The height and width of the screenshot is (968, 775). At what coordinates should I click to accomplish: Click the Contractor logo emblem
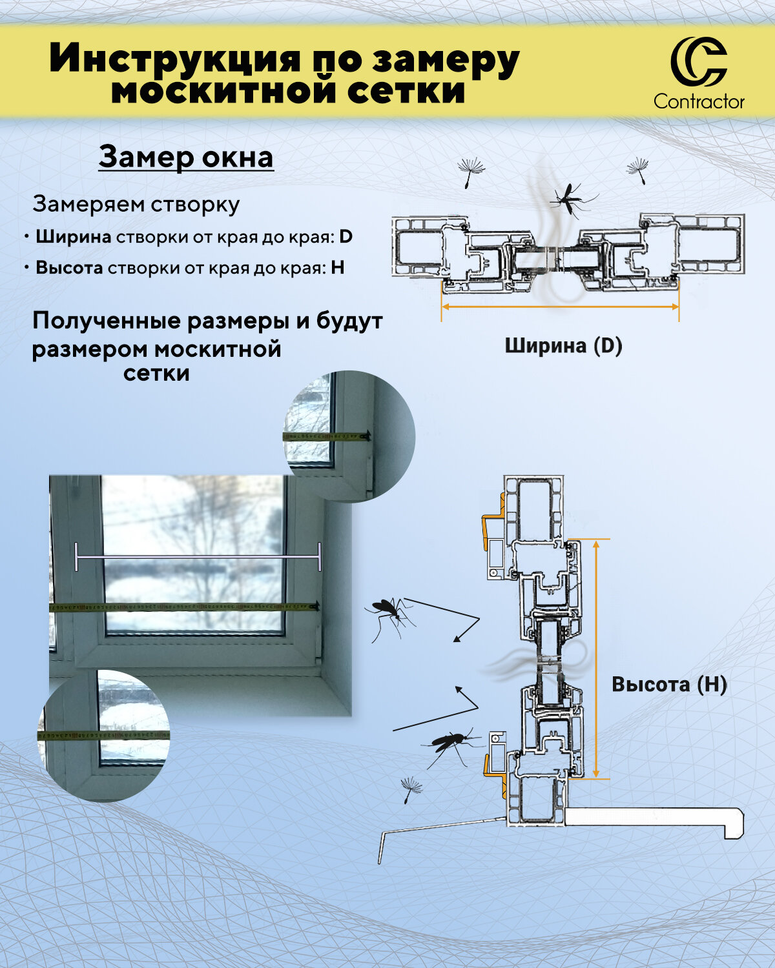pos(698,63)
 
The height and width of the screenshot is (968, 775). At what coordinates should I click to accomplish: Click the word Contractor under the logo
pos(699,101)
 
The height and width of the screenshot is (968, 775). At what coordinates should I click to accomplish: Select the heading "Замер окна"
pos(186,157)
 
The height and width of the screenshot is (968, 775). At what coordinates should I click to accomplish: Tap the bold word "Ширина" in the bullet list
pos(73,237)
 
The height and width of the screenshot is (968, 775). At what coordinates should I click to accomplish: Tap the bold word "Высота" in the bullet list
pos(69,268)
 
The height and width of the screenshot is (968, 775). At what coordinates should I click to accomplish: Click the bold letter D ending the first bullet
pos(346,237)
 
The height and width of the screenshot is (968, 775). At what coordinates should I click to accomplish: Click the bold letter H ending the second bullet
pos(337,268)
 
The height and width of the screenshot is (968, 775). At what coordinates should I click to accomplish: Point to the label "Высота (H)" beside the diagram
pos(669,684)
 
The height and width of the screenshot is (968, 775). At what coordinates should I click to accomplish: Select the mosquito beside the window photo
pos(389,616)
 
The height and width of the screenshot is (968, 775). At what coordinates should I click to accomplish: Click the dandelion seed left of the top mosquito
pos(471,172)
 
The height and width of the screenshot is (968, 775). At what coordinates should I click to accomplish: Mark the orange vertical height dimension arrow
pos(596,658)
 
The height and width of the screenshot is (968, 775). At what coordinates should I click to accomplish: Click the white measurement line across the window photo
pos(198,556)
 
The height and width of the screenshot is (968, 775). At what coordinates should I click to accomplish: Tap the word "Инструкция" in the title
pos(175,59)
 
